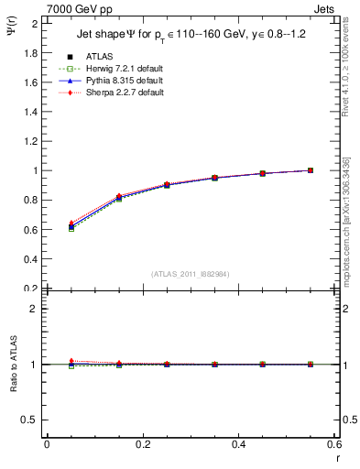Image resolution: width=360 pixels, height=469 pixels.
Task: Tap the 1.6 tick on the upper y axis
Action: pyautogui.click(x=31, y=82)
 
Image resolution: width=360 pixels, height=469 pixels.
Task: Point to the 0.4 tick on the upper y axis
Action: pyautogui.click(x=31, y=259)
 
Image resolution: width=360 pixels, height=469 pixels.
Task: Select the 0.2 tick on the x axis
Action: pyautogui.click(x=142, y=445)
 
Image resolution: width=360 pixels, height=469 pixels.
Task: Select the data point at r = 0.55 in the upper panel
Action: pyautogui.click(x=311, y=170)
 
